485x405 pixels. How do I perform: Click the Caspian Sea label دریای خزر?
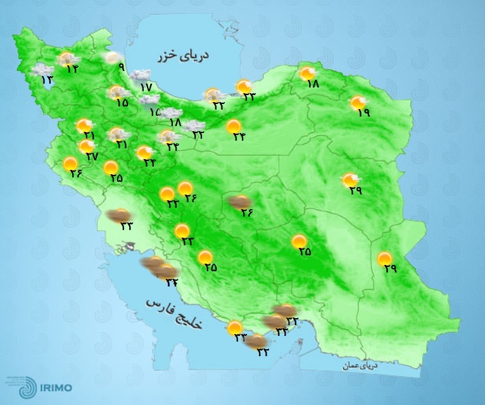[184, 56]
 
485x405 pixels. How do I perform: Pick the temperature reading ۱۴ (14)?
[72, 69]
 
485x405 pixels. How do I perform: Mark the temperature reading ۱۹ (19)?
[363, 113]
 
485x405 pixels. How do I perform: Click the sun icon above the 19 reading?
[358, 102]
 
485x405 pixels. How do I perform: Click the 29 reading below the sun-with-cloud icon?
[355, 191]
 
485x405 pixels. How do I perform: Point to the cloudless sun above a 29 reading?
[384, 259]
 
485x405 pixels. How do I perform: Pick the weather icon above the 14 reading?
[66, 60]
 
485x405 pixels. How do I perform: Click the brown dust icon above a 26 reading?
[238, 202]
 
